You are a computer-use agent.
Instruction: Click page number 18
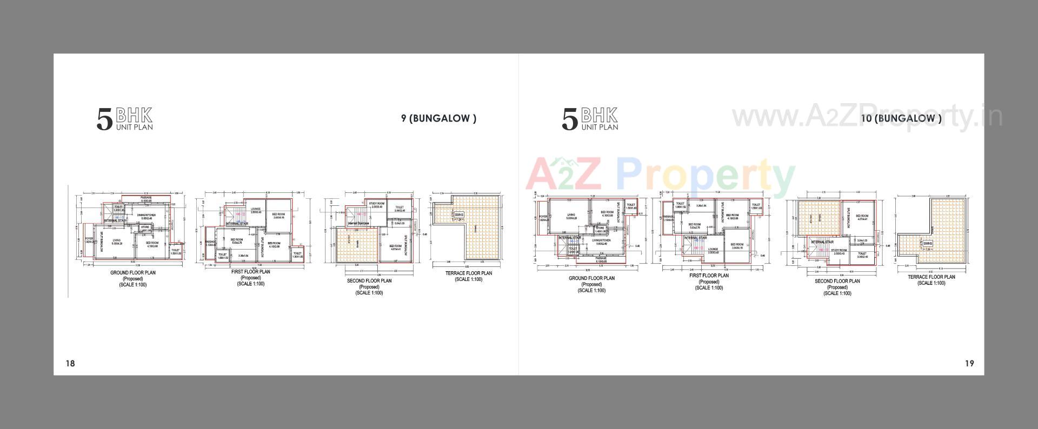pos(70,363)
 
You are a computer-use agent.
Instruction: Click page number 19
pos(969,363)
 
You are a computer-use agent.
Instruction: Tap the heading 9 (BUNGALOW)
pos(438,118)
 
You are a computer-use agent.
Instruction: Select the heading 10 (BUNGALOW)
pos(901,118)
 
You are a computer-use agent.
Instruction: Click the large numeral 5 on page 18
pos(104,120)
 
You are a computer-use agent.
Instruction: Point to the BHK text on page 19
pos(599,115)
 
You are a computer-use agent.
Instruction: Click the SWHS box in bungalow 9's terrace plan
pos(459,215)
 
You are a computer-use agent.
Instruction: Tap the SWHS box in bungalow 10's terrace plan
pos(928,244)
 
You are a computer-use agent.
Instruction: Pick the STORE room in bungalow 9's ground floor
pos(145,227)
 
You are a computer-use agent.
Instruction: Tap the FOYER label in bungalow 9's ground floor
pos(89,238)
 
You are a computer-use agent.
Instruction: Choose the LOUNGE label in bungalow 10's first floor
pos(713,249)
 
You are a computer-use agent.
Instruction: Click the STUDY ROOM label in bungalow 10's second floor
pos(839,250)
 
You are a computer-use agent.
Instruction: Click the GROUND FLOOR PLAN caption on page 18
pos(132,273)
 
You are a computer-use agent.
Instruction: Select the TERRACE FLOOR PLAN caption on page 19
pos(931,277)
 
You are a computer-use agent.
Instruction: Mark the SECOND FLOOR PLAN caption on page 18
pos(369,281)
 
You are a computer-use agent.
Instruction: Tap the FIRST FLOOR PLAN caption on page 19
pos(709,276)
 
